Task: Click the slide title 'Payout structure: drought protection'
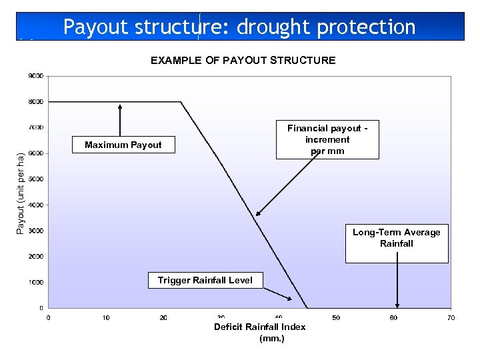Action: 239,27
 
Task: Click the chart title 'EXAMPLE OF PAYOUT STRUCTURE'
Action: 243,61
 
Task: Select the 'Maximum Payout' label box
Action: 123,145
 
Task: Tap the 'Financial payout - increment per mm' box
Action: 327,139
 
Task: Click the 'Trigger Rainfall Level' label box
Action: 205,280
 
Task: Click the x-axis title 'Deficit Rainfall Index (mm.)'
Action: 259,332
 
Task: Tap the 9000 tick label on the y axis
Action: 36,76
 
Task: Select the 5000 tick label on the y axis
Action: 36,179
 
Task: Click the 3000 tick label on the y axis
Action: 36,231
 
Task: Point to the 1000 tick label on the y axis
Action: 36,283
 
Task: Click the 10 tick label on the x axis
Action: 106,318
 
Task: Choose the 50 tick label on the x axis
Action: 336,318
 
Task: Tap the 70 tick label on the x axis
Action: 451,318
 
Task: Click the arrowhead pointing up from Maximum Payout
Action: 120,105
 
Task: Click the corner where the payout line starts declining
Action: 181,102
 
